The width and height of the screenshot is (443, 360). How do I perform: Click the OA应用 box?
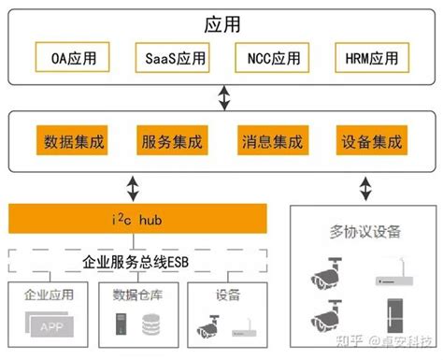(67, 58)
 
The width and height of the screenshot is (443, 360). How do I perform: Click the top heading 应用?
(221, 22)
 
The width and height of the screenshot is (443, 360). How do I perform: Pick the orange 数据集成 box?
(74, 143)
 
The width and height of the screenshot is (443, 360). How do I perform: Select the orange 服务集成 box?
(172, 143)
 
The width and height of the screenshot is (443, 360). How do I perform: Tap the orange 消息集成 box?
(270, 143)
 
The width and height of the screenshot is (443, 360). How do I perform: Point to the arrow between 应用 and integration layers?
(222, 96)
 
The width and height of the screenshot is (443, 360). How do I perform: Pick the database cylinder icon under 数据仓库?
(150, 326)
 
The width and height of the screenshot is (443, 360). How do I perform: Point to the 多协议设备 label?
(365, 229)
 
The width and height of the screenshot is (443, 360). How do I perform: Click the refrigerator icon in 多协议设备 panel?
(393, 310)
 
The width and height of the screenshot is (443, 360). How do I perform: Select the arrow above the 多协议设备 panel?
(364, 190)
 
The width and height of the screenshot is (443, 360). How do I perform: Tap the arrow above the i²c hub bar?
(135, 190)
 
